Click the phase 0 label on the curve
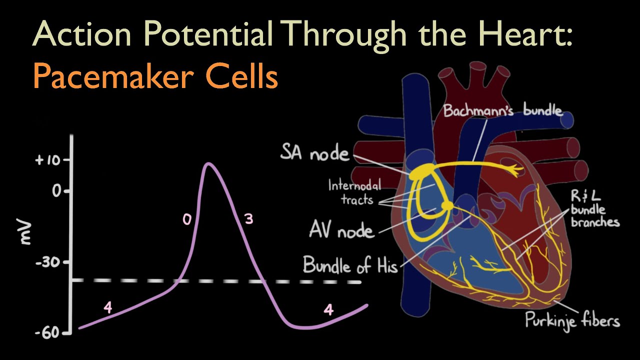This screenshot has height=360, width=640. point(186,219)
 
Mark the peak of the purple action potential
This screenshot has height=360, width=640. point(208,163)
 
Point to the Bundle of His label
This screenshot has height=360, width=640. point(350,265)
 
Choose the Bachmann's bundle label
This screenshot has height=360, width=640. point(502,110)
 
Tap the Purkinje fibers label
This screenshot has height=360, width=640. point(572,320)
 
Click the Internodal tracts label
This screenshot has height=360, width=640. point(354,192)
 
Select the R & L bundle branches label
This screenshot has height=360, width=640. point(594,208)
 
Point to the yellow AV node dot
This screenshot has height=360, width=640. point(447,205)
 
